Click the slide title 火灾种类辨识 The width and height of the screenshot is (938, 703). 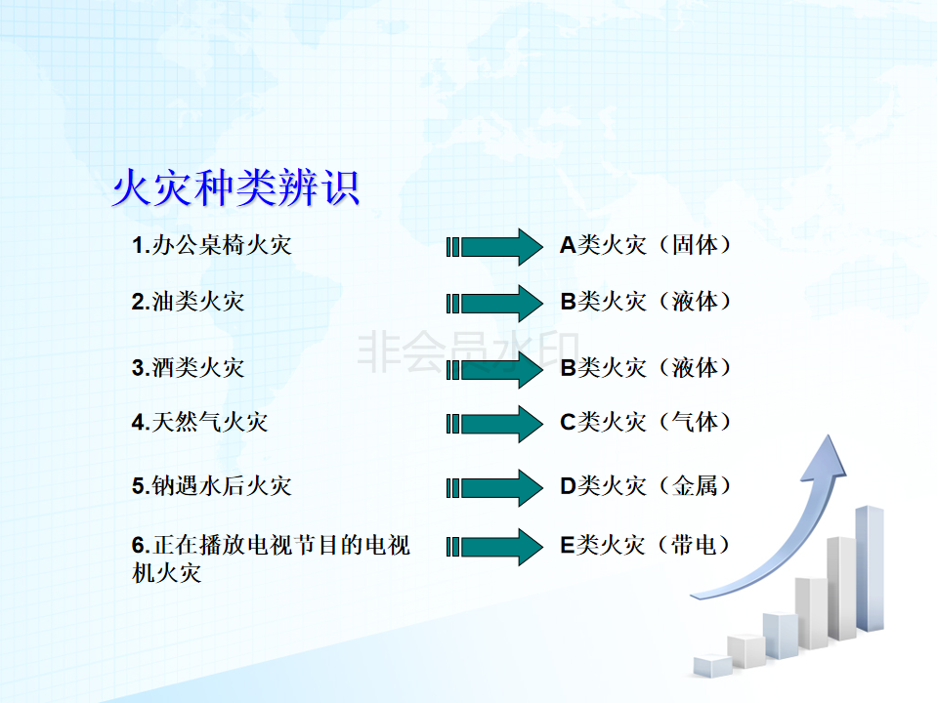tap(236, 187)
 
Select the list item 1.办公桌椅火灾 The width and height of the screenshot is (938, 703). tap(212, 245)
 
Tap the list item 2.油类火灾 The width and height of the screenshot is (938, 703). tap(188, 302)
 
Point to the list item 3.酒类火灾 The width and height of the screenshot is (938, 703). tap(188, 368)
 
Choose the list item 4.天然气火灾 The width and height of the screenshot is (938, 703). tap(199, 422)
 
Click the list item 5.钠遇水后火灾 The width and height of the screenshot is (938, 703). tap(212, 485)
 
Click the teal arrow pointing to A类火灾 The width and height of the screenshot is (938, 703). tap(494, 247)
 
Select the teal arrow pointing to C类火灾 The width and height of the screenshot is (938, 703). tap(494, 424)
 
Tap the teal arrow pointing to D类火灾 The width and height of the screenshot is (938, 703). tap(494, 488)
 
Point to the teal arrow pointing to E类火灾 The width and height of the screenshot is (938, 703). tap(494, 547)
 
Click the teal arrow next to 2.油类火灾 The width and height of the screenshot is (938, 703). tap(494, 303)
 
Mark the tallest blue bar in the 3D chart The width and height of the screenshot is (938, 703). tap(870, 568)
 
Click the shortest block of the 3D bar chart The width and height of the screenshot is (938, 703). tap(712, 666)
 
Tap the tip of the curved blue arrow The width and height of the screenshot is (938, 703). tap(829, 435)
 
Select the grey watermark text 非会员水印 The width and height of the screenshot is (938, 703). tap(468, 351)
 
